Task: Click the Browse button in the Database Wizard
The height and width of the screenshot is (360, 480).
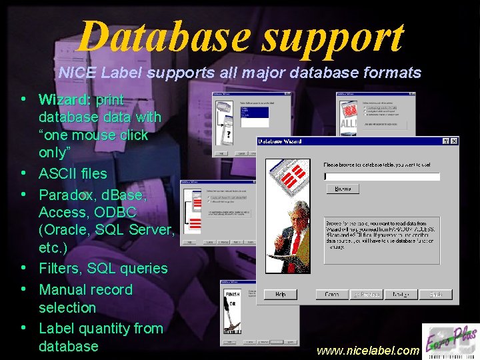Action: tap(343, 189)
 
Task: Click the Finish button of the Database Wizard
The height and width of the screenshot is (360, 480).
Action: tap(436, 294)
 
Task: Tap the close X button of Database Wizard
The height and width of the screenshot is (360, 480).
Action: tap(454, 141)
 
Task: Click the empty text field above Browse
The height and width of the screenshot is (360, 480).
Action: tap(381, 177)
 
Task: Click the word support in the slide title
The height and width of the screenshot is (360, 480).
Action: tap(333, 37)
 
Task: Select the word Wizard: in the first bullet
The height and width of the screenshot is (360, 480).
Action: tap(65, 100)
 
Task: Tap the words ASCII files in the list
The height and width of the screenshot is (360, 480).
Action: tap(73, 174)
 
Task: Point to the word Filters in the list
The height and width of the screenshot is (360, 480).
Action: tap(61, 269)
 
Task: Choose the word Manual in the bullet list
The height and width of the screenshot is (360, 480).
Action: tap(63, 290)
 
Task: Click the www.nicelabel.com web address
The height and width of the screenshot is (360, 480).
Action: tap(368, 350)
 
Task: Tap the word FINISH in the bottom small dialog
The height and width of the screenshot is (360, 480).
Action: tap(232, 294)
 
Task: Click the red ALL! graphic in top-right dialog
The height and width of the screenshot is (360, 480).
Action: tap(349, 124)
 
